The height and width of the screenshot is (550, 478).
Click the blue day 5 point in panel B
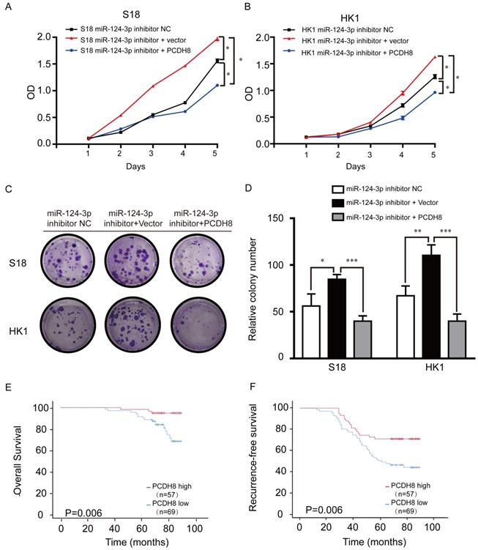(434, 92)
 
